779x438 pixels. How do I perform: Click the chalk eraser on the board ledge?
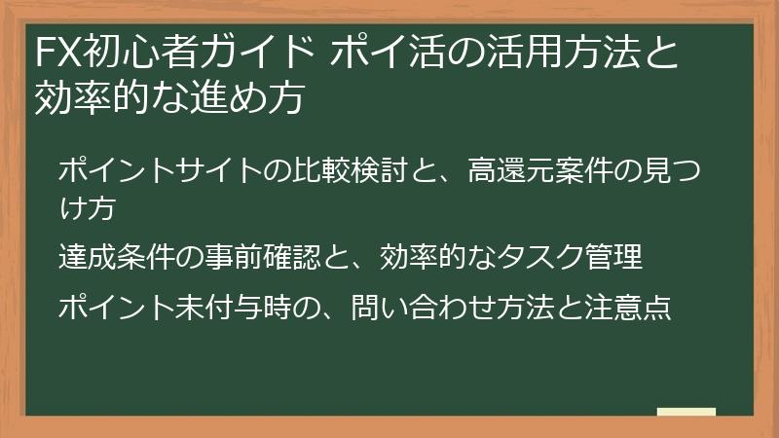[686, 412]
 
